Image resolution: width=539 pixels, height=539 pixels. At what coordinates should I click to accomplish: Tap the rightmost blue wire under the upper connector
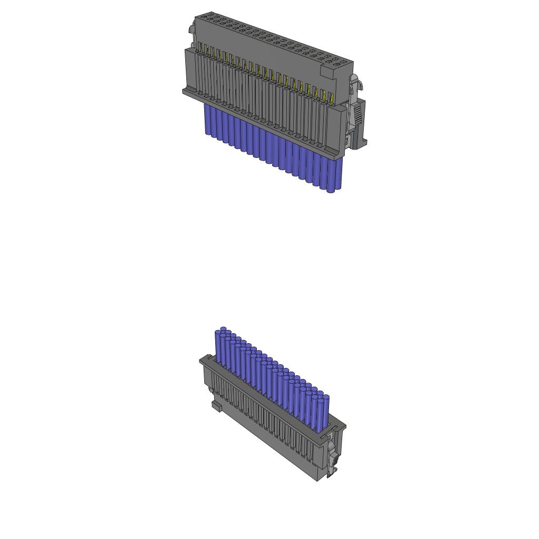[338, 174]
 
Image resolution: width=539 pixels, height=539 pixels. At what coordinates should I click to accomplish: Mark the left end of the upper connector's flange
[185, 92]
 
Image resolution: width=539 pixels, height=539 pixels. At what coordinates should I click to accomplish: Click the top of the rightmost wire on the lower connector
[326, 397]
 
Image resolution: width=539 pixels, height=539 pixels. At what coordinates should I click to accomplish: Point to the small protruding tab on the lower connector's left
[216, 406]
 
